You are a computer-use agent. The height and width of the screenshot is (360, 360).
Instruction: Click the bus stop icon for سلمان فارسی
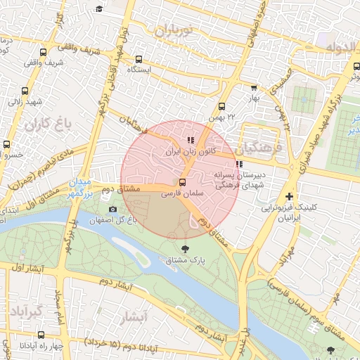pos(184,182)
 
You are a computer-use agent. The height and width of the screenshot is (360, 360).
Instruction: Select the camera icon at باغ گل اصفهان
pos(112,210)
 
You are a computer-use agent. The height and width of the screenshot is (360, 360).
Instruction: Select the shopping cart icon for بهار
pos(254,88)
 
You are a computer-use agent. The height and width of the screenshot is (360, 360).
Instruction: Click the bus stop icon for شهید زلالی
pos(25,91)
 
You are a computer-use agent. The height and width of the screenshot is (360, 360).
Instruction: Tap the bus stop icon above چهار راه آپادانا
pos(7,335)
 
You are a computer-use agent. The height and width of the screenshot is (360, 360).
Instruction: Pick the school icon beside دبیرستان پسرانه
pos(239,164)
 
